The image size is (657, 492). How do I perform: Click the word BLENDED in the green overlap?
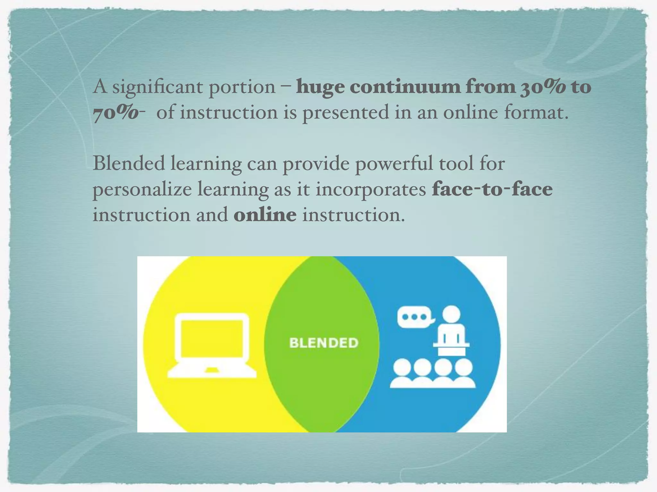(324, 343)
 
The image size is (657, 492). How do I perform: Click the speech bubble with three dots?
(414, 317)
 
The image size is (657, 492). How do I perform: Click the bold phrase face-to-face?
(492, 189)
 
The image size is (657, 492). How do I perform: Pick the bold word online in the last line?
(265, 215)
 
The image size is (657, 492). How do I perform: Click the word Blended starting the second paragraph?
(129, 163)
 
